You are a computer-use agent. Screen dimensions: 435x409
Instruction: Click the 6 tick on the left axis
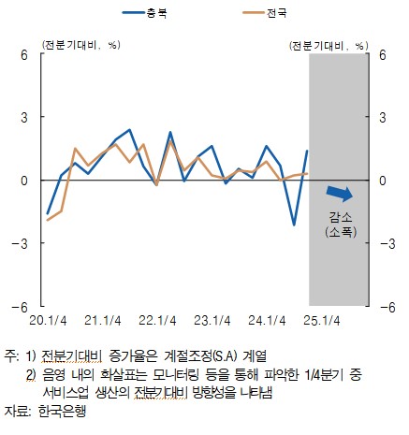25,55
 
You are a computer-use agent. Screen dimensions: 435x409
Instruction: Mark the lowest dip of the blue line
294,225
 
